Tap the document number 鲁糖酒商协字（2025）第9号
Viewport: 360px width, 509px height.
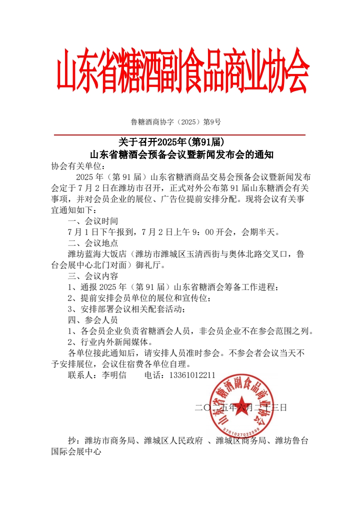point(176,121)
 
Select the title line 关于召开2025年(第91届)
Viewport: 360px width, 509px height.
point(174,143)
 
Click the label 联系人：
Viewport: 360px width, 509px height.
point(84,375)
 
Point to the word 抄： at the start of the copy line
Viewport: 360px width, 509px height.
point(74,440)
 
